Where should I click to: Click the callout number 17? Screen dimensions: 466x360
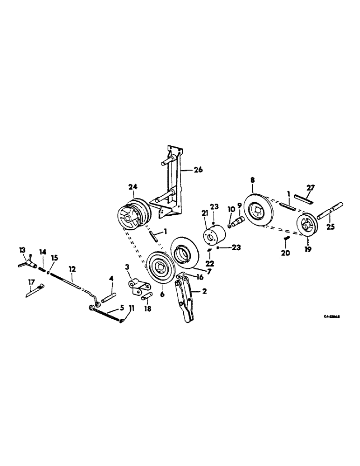32,281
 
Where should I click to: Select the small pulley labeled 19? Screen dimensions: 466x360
307,227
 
